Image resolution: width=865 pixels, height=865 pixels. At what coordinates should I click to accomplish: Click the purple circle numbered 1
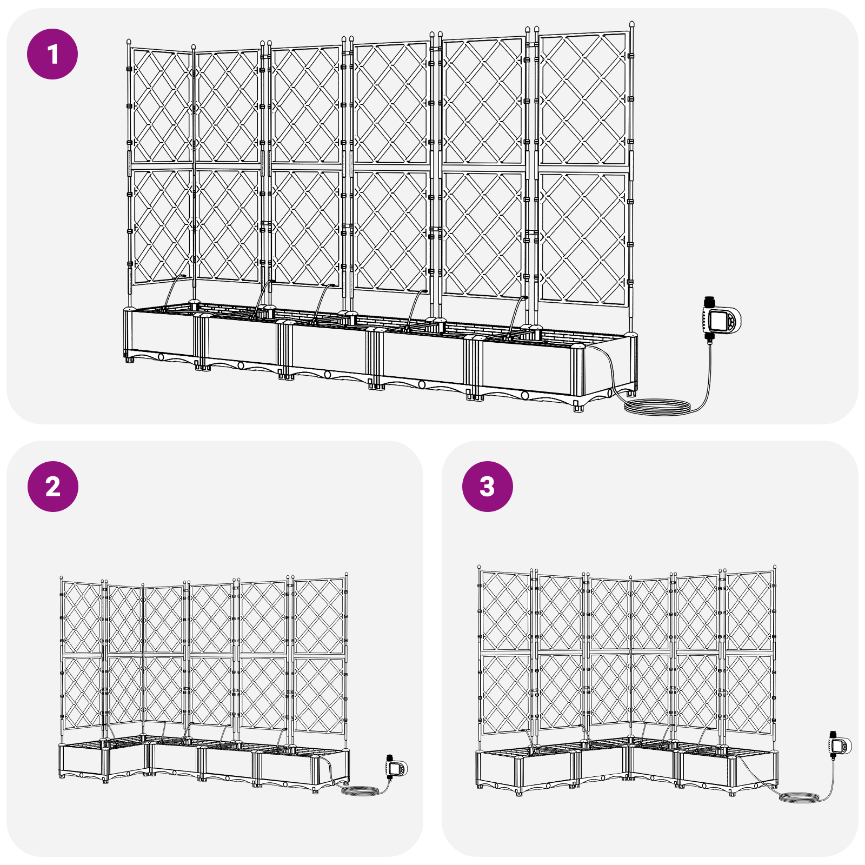click(x=52, y=54)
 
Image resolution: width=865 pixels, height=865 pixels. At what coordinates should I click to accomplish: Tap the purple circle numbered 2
click(x=53, y=487)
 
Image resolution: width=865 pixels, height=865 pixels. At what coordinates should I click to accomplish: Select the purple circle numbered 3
click(x=488, y=487)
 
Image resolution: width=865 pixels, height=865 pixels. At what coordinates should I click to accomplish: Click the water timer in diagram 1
click(x=721, y=320)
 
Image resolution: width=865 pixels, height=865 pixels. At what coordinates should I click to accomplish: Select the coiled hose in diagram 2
click(x=360, y=790)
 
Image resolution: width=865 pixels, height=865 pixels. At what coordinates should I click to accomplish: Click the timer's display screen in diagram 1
click(x=718, y=321)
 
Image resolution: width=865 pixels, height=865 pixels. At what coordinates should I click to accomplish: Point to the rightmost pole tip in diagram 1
click(x=631, y=25)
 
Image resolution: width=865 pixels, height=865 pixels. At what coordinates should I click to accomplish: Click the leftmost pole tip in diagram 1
click(x=129, y=42)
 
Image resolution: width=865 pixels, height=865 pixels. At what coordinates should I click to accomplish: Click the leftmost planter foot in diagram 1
click(x=129, y=358)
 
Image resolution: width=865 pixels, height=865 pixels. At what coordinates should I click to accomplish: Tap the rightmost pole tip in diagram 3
click(x=774, y=568)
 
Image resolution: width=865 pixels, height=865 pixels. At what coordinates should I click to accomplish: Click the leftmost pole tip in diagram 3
click(x=479, y=567)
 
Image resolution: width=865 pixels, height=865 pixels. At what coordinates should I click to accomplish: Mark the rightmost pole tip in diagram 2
click(x=346, y=575)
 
